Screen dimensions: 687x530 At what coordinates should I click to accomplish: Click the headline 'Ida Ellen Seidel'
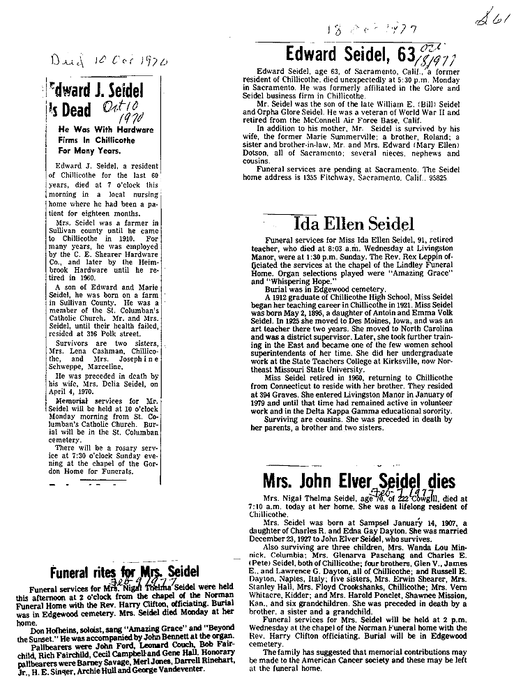354,225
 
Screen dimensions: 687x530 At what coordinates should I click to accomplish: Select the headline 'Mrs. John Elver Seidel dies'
358,482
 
